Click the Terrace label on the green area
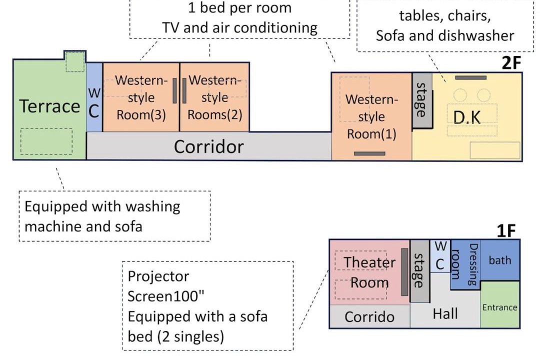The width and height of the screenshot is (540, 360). pos(49,106)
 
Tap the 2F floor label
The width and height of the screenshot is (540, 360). pos(511,62)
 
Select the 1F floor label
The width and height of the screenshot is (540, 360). pos(506,231)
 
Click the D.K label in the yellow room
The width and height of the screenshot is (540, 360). pos(466,117)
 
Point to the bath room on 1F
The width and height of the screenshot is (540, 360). pos(499,260)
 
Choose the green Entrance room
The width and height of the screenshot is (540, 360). pos(499,304)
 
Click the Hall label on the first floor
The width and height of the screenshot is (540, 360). pos(445,313)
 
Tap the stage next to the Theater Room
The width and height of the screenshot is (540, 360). pos(419,271)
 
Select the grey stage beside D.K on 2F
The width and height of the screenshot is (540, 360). pos(422,100)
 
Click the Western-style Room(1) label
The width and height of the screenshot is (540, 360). pos(371,116)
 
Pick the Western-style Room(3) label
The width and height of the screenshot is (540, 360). pos(141,97)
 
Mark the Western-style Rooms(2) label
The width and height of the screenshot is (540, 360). pos(214,97)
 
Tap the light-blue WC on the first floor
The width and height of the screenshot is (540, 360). pos(440,256)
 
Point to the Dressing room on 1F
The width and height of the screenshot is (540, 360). pos(465,264)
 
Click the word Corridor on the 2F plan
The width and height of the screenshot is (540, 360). pos(208,146)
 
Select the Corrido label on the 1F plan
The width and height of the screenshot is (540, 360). pos(369,317)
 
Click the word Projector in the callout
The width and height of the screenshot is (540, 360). pos(158,276)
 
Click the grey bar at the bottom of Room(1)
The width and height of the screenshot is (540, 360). pos(369,153)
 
